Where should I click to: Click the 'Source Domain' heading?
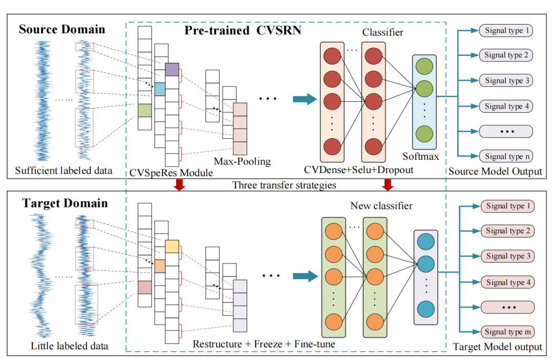[61, 29]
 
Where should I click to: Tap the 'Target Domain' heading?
[65, 203]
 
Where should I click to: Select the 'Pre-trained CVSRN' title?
[243, 31]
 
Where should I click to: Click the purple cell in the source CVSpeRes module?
[172, 69]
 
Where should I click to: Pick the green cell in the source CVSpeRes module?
[145, 111]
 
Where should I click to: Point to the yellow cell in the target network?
[172, 246]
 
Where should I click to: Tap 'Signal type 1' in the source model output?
[506, 31]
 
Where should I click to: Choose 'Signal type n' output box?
[506, 156]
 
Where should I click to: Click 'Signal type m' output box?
[507, 332]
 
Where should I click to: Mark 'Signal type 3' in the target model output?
[507, 256]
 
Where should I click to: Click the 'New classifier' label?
[381, 206]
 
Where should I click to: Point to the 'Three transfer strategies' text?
[284, 185]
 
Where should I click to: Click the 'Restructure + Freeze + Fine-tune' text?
[264, 344]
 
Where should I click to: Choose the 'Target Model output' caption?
[497, 347]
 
